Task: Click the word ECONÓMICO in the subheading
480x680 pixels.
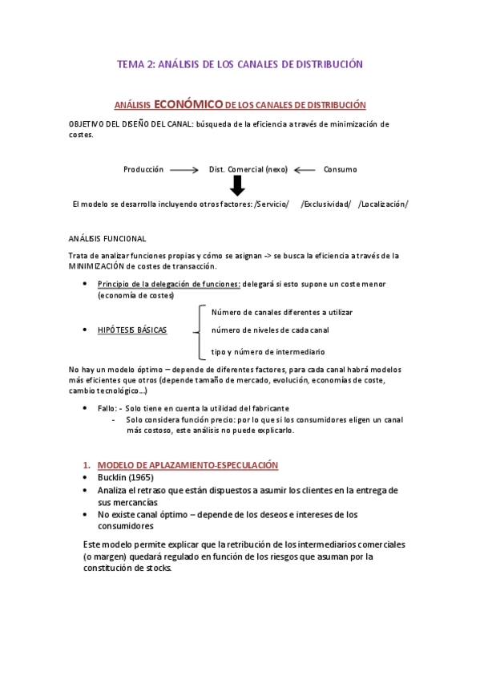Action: (188, 104)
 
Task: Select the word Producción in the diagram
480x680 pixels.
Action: (143, 169)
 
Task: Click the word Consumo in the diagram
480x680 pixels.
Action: (341, 169)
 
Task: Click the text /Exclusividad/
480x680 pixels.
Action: (326, 204)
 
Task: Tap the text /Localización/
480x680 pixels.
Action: (384, 204)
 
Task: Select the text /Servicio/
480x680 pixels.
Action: (272, 204)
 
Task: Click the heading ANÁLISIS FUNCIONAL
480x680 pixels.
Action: (107, 238)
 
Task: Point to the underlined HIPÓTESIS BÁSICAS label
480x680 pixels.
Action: (132, 330)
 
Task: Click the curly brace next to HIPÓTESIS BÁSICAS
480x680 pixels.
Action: (197, 330)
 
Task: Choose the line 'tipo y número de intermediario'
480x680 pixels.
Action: (268, 351)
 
